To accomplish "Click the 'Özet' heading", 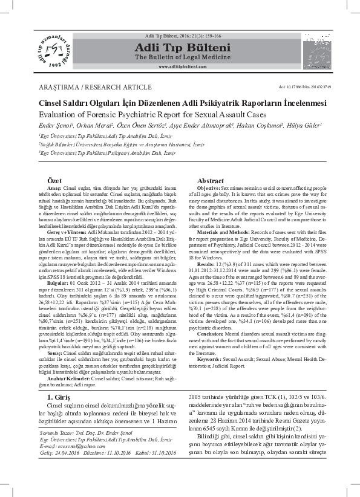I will pyautogui.click(x=55, y=181).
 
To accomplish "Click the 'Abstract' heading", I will pyautogui.click(x=211, y=181).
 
